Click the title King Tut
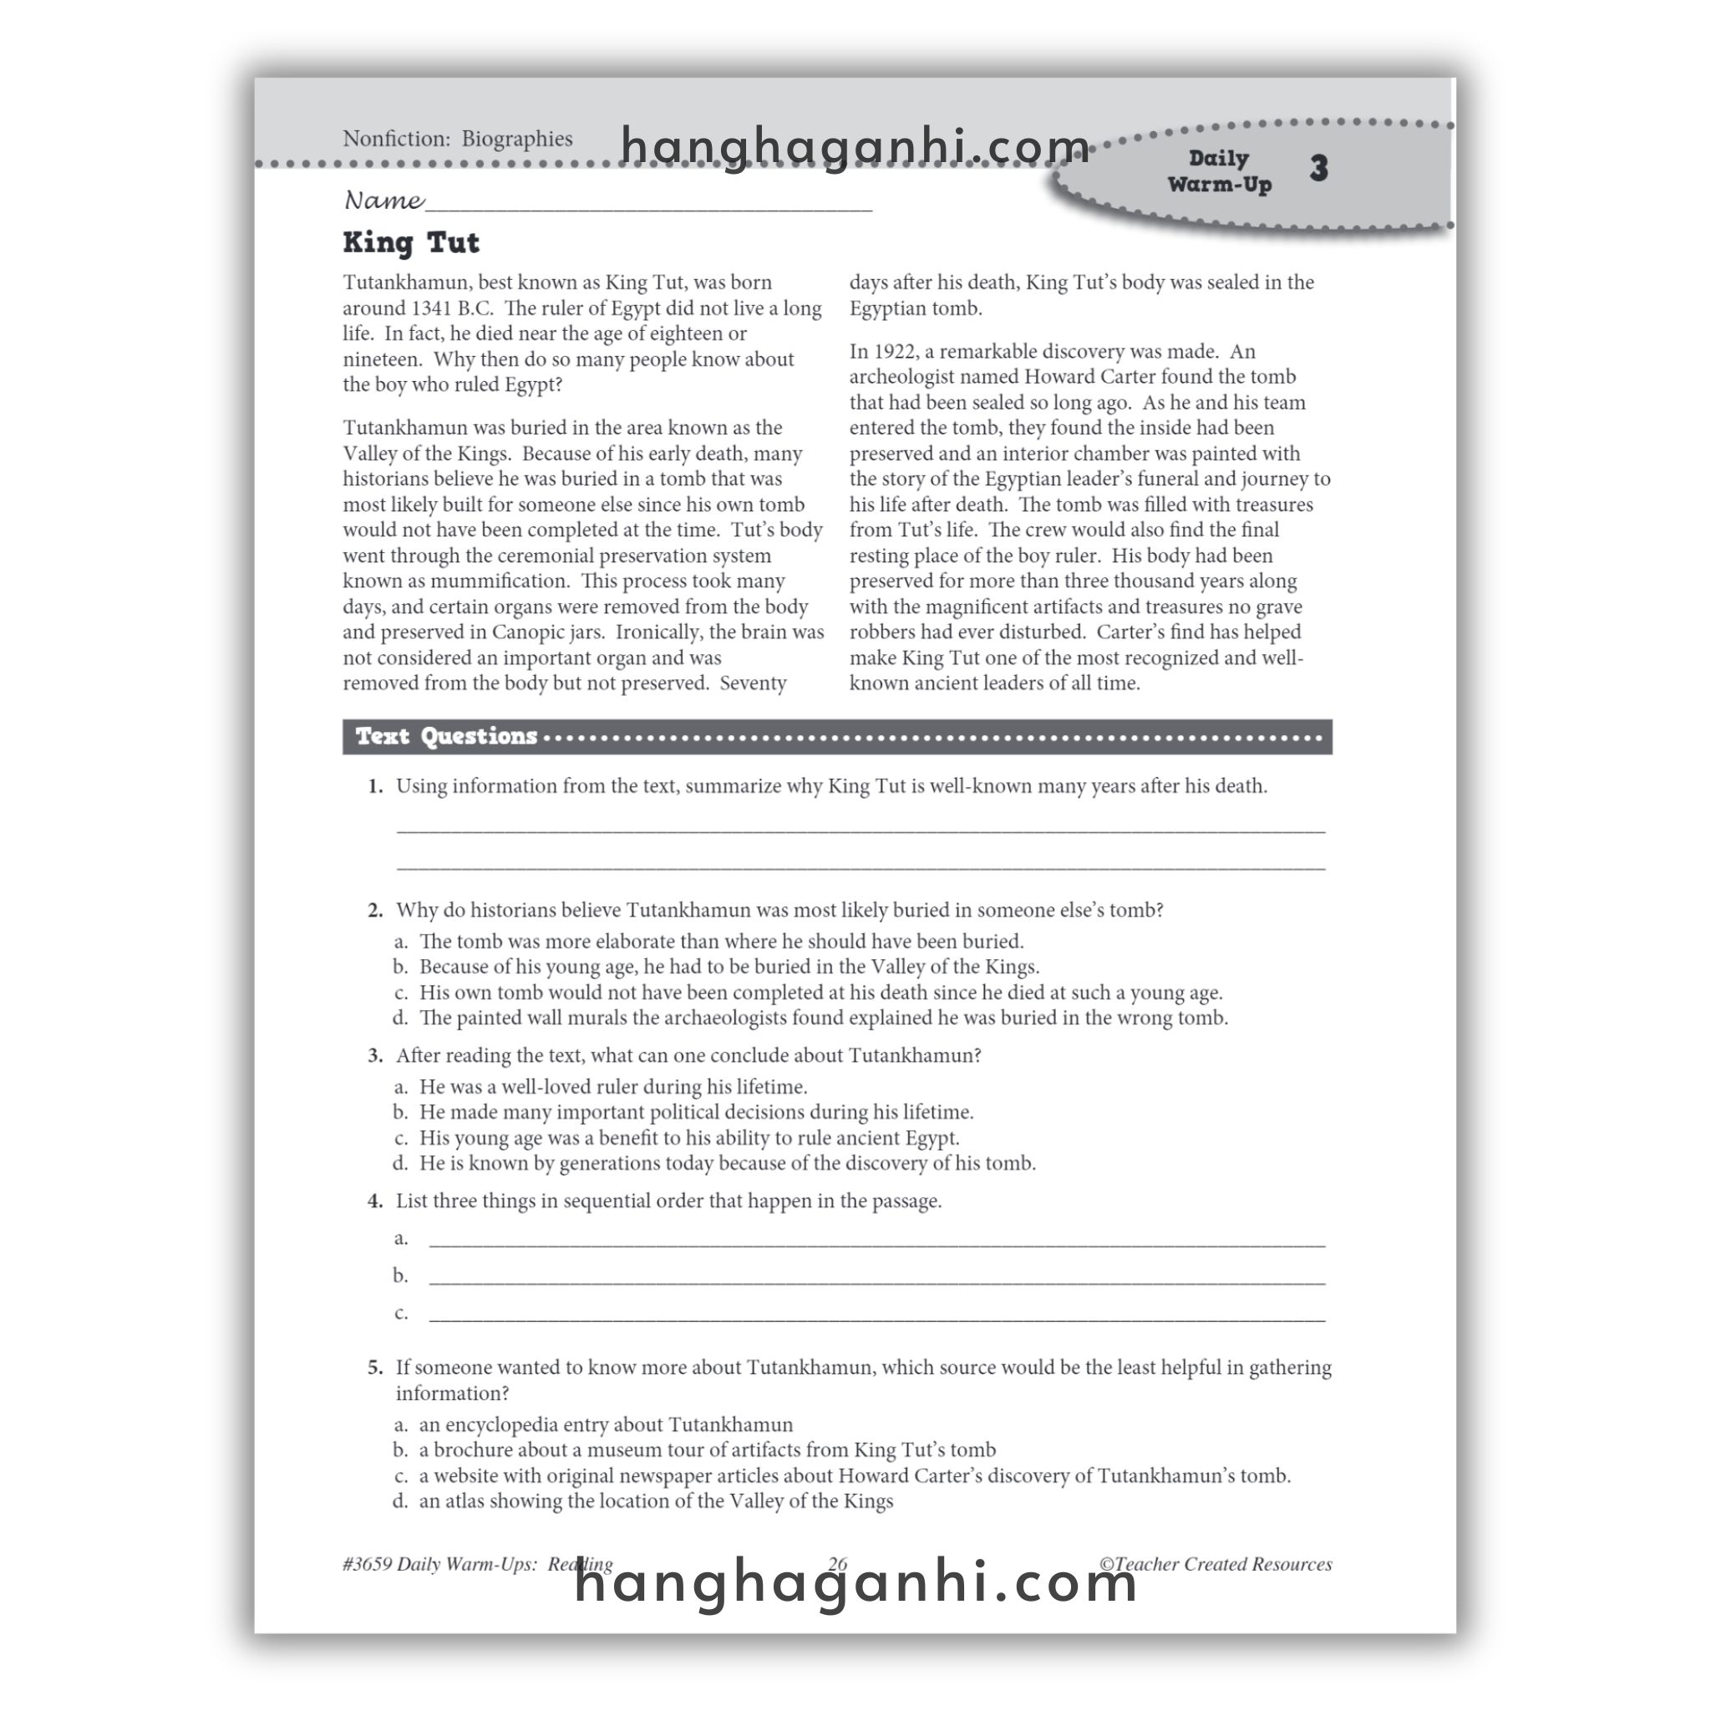pyautogui.click(x=411, y=242)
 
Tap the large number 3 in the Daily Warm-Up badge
pyautogui.click(x=1318, y=168)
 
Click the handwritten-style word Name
pyautogui.click(x=383, y=201)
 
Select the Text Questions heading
pyautogui.click(x=446, y=736)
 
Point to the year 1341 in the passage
pyautogui.click(x=432, y=308)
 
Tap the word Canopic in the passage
pyautogui.click(x=530, y=632)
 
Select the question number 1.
pyautogui.click(x=375, y=786)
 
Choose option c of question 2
pyautogui.click(x=820, y=993)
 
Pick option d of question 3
pyautogui.click(x=726, y=1163)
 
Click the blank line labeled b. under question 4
pyautogui.click(x=876, y=1277)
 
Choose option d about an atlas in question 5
pyautogui.click(x=655, y=1501)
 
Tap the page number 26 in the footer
pyautogui.click(x=837, y=1564)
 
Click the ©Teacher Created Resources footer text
pyautogui.click(x=1215, y=1564)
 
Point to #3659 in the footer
pyautogui.click(x=367, y=1564)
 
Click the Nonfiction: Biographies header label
pyautogui.click(x=457, y=139)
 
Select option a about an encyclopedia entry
pyautogui.click(x=606, y=1425)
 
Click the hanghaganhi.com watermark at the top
pyautogui.click(x=855, y=146)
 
